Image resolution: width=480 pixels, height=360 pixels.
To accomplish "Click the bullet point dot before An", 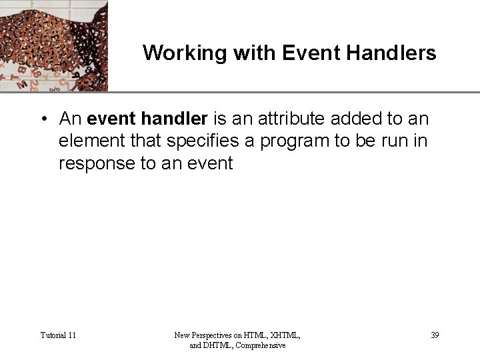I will [42, 120].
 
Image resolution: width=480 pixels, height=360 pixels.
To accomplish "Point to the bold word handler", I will [175, 119].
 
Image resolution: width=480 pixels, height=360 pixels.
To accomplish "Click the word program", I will [299, 141].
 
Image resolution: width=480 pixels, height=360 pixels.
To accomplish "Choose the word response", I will [97, 163].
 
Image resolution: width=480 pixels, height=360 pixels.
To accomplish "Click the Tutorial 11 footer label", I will [58, 335].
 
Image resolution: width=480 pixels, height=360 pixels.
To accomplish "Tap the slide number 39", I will [435, 335].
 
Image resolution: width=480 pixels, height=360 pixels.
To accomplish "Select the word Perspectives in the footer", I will [217, 335].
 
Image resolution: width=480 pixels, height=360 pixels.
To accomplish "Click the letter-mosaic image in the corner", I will [53, 45].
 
